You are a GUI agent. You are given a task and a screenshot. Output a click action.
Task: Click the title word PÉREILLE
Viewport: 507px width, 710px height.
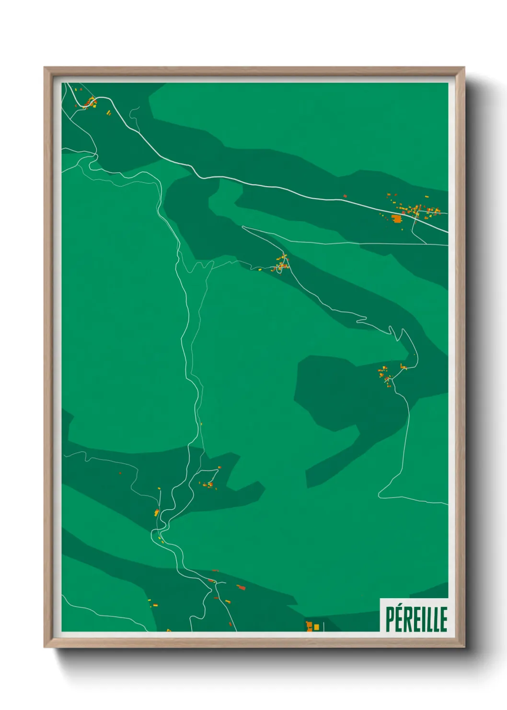[416, 619]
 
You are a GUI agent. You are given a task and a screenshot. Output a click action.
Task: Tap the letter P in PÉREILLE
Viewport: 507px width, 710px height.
[390, 619]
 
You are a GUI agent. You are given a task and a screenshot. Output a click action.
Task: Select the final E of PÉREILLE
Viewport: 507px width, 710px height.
[443, 619]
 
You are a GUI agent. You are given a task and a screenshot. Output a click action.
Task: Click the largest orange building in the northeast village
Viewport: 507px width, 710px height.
[396, 219]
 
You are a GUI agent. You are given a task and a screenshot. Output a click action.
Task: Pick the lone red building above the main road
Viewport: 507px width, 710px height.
[345, 196]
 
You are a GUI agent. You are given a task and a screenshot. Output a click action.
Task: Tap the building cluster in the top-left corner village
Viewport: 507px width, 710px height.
[90, 102]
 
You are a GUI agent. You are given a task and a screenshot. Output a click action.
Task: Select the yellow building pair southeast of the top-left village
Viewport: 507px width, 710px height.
[108, 113]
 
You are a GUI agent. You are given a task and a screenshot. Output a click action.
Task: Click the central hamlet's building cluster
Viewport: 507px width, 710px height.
[282, 263]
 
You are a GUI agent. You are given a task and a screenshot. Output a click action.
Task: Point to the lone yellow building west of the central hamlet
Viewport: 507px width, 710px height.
[260, 270]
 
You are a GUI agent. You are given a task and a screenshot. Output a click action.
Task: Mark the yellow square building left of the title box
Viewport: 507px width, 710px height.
[316, 627]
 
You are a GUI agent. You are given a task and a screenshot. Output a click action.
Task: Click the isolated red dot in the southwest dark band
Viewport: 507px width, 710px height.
[120, 473]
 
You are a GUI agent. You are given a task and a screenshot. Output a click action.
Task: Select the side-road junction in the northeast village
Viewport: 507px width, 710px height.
[417, 212]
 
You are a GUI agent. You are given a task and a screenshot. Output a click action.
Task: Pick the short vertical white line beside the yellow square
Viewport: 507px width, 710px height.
[323, 626]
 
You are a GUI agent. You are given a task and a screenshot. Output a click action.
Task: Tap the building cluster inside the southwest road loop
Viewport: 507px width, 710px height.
[209, 485]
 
